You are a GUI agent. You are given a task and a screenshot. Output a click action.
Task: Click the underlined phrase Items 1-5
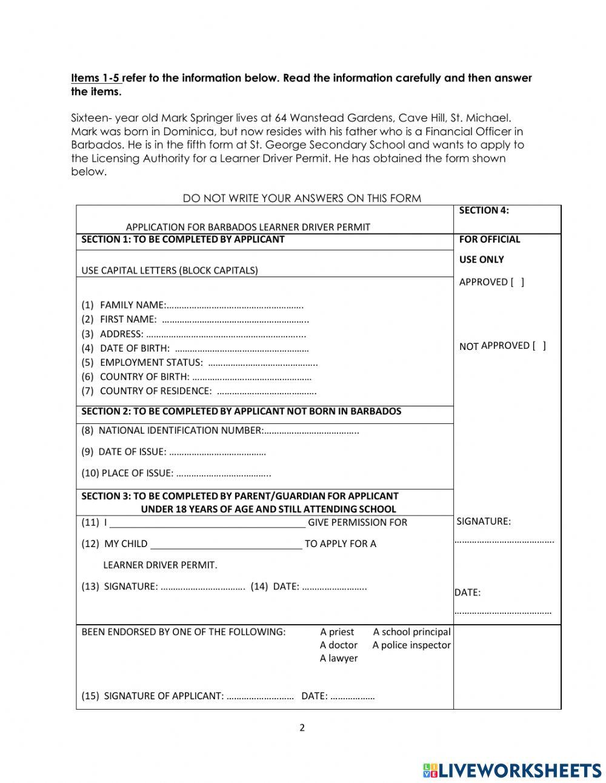tap(96, 78)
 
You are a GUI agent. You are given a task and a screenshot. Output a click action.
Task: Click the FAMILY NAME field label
tap(132, 304)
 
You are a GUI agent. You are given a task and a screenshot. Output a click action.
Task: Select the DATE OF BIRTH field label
tap(135, 348)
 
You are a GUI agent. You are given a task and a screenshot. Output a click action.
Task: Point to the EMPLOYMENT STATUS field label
tap(151, 362)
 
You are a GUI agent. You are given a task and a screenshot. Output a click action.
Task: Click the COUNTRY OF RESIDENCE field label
tap(155, 391)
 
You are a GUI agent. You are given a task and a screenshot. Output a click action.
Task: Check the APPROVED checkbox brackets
tap(518, 282)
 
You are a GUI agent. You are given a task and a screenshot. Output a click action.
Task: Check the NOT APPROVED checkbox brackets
tap(539, 346)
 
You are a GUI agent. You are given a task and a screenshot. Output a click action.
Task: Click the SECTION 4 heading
tap(484, 210)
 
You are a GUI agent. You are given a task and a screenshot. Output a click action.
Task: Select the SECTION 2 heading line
tap(241, 411)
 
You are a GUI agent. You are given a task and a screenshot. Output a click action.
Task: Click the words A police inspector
tap(411, 645)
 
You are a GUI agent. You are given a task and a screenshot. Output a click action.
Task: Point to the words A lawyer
tap(338, 659)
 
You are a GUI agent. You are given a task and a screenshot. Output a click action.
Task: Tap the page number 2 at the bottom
tap(302, 728)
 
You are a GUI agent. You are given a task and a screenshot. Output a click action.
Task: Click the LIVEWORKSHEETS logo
tap(511, 770)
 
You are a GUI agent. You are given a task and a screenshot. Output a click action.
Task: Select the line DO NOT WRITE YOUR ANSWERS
tap(302, 198)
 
